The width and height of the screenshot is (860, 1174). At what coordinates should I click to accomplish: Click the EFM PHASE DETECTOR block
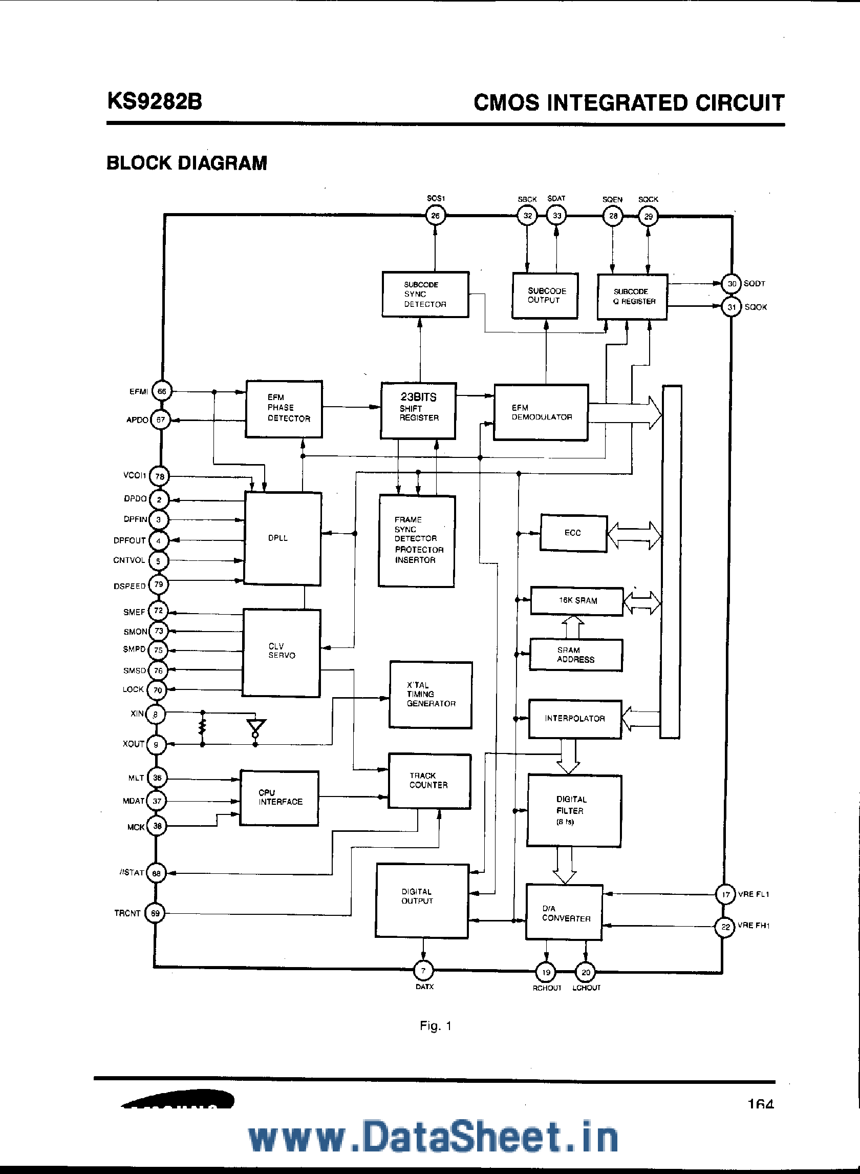coord(284,409)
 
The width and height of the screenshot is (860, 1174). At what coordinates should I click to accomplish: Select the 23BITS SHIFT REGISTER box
coord(419,411)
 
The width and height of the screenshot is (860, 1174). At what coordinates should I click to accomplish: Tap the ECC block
coord(573,533)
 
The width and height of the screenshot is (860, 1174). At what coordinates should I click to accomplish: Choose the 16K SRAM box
coord(577,601)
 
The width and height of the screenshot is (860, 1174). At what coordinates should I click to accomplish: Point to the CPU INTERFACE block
coord(279,798)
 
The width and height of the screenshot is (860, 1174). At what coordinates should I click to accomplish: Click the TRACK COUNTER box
coord(429,781)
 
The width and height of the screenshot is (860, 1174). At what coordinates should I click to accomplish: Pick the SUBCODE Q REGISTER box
coord(633,297)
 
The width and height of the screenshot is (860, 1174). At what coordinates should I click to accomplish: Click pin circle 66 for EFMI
coord(162,392)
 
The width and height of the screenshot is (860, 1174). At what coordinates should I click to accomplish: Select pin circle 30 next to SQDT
coord(732,284)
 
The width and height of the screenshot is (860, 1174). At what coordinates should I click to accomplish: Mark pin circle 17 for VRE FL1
coord(725,894)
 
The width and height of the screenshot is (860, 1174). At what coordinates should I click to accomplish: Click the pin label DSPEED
coord(130,586)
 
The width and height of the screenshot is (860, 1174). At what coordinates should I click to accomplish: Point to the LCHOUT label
coord(586,988)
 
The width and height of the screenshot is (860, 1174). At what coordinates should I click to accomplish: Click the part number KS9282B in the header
coord(155,101)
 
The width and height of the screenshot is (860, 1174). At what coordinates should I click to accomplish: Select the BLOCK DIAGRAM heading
coord(186,163)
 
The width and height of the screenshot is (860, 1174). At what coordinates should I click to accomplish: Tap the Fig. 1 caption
coord(435,1025)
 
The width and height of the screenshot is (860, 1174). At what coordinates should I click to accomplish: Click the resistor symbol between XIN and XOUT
coord(203,728)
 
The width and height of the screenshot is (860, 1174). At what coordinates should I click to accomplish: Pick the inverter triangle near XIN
coord(255,725)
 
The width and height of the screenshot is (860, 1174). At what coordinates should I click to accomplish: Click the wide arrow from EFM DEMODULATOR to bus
coord(625,413)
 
